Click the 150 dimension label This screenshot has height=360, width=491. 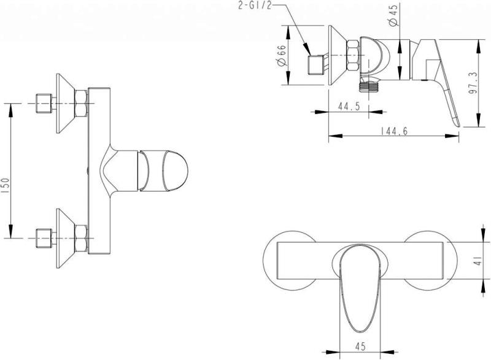pos(7,186)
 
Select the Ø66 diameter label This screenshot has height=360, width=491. pos(282,55)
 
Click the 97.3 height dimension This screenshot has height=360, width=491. pos(473,83)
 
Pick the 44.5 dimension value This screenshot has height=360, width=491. pos(349,106)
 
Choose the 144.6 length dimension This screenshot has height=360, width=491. pos(394,131)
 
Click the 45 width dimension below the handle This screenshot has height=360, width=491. pos(360,347)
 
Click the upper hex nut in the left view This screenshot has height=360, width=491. pos(81,104)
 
